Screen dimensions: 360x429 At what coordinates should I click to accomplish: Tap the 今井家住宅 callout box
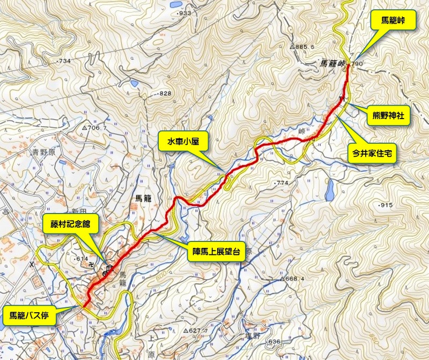tap(372, 153)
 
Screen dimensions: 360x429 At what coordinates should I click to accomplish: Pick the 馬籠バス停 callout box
tap(29, 315)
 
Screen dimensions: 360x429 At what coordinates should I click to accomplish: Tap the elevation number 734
tap(64, 61)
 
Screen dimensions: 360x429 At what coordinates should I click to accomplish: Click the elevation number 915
tap(387, 205)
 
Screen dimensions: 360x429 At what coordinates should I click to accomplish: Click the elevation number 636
tap(273, 342)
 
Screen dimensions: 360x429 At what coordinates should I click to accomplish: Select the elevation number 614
tap(82, 259)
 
